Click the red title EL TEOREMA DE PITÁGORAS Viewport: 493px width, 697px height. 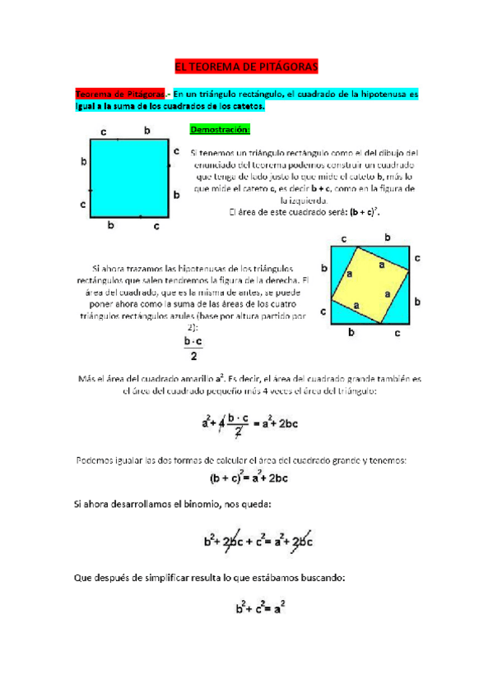pyautogui.click(x=246, y=67)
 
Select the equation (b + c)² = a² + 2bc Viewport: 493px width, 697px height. pyautogui.click(x=247, y=478)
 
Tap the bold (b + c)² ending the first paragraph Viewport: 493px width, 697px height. pyautogui.click(x=362, y=211)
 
